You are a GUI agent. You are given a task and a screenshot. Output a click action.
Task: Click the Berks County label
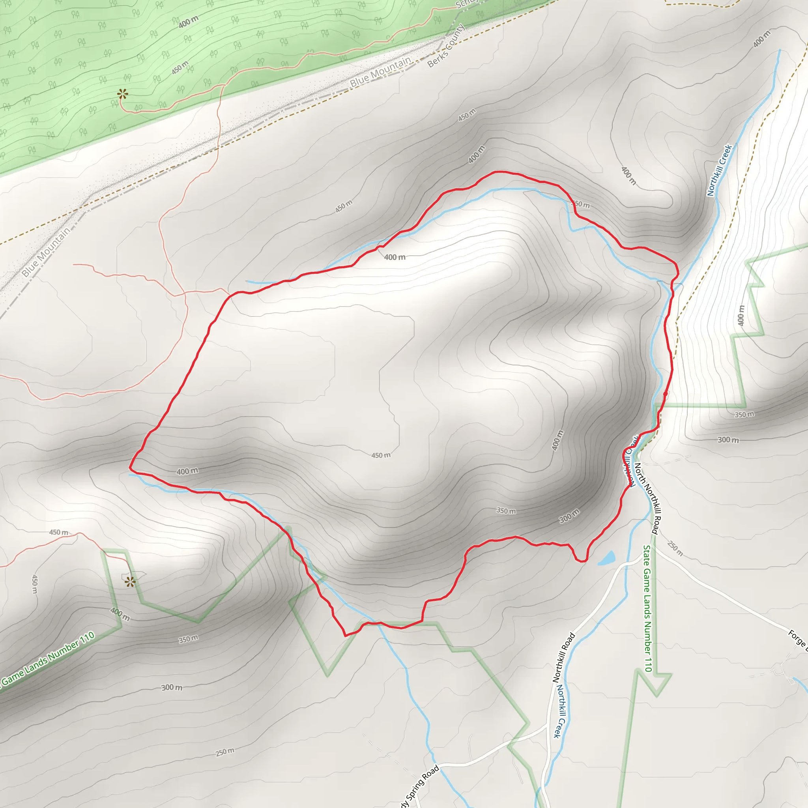tap(446, 46)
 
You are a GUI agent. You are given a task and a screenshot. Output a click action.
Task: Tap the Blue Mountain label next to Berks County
tap(381, 72)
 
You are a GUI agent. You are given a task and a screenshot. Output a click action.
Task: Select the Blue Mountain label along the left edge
tap(46, 252)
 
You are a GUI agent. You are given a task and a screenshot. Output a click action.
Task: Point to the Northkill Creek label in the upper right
tap(719, 170)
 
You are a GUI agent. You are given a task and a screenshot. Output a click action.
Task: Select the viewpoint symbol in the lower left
tap(130, 582)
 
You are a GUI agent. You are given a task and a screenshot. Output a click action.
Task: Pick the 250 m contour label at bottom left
tap(224, 752)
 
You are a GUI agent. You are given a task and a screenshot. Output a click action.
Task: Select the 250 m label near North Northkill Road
tap(675, 549)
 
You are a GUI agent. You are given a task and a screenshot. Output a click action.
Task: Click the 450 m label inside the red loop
tap(381, 455)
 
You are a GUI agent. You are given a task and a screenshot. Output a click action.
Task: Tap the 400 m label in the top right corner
tap(761, 39)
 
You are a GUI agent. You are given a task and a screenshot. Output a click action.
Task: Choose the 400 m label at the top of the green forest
tap(188, 22)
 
